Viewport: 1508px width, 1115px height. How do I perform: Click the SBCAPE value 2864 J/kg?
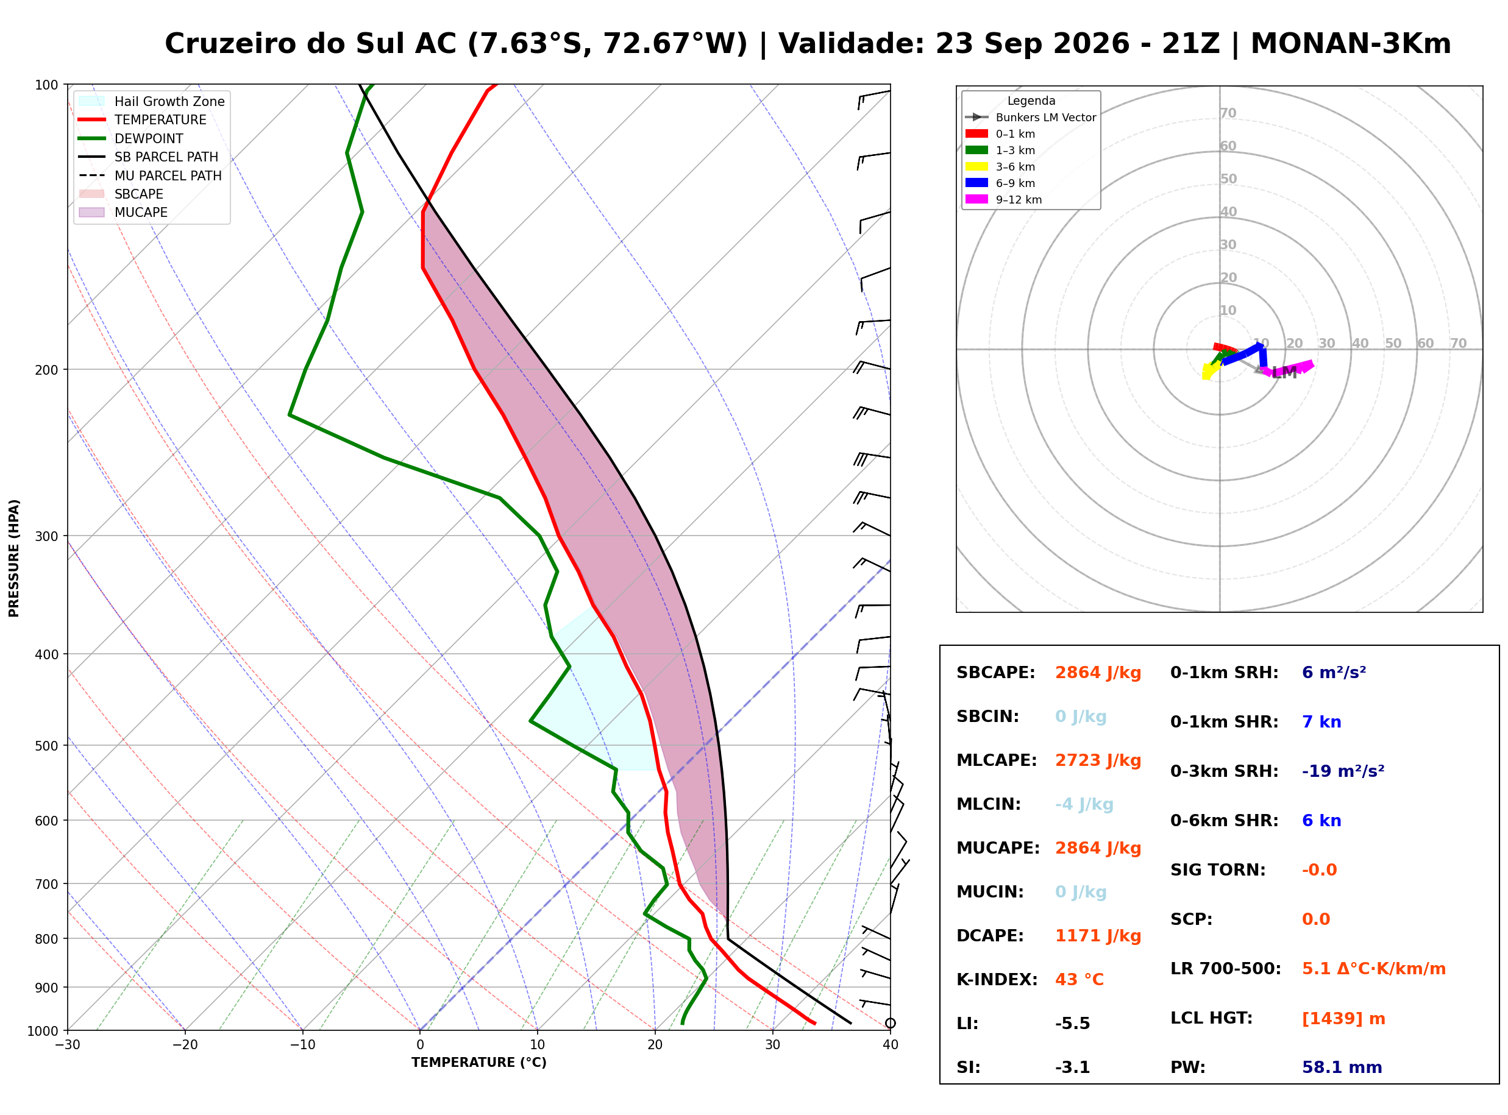tap(1098, 673)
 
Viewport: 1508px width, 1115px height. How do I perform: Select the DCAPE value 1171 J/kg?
tap(1098, 936)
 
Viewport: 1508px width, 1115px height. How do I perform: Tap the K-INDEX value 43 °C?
tap(1079, 980)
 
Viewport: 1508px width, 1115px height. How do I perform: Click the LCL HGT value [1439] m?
tap(1343, 1019)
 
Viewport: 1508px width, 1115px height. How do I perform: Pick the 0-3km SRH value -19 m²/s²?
tap(1343, 771)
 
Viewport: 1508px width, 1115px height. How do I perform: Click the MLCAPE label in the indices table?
tap(997, 760)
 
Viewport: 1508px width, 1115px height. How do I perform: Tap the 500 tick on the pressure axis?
tap(48, 746)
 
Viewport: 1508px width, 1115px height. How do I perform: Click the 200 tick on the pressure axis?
tap(48, 370)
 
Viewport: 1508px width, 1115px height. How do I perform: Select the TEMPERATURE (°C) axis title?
tap(479, 1063)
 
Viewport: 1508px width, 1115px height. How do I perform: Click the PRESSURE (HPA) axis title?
tap(14, 558)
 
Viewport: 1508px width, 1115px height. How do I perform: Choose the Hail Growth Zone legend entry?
tap(152, 101)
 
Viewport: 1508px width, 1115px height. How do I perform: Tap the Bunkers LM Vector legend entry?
tap(1031, 118)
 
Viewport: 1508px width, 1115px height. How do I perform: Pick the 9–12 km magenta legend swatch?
tap(976, 199)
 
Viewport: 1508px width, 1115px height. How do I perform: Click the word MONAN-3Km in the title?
tap(1351, 44)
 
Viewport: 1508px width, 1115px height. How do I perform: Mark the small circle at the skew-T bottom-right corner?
tap(891, 1023)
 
